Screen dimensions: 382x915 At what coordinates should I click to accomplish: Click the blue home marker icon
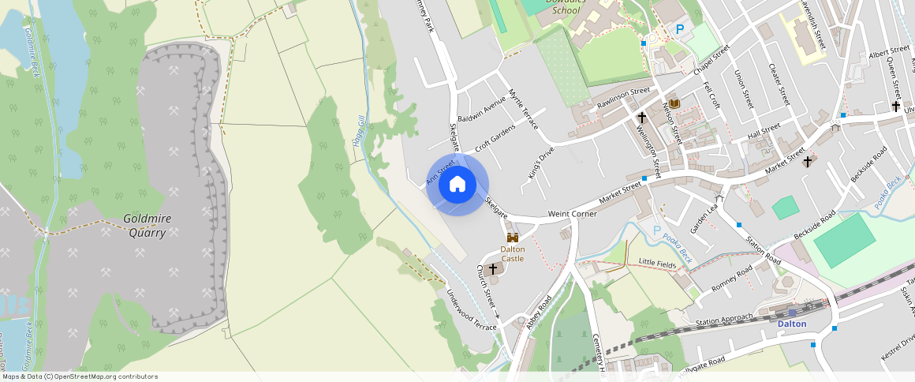click(x=458, y=185)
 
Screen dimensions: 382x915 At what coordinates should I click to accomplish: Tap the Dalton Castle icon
click(x=513, y=238)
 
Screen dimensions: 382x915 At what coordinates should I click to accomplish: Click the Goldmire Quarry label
click(x=147, y=225)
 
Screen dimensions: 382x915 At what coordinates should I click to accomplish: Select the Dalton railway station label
click(x=792, y=324)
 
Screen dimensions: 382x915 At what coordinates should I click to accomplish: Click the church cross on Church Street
click(x=494, y=269)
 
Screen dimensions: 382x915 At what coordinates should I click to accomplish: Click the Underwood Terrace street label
click(x=472, y=309)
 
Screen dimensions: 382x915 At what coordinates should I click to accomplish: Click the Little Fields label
click(x=658, y=262)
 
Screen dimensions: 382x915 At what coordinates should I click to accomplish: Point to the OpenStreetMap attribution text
click(x=79, y=376)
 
